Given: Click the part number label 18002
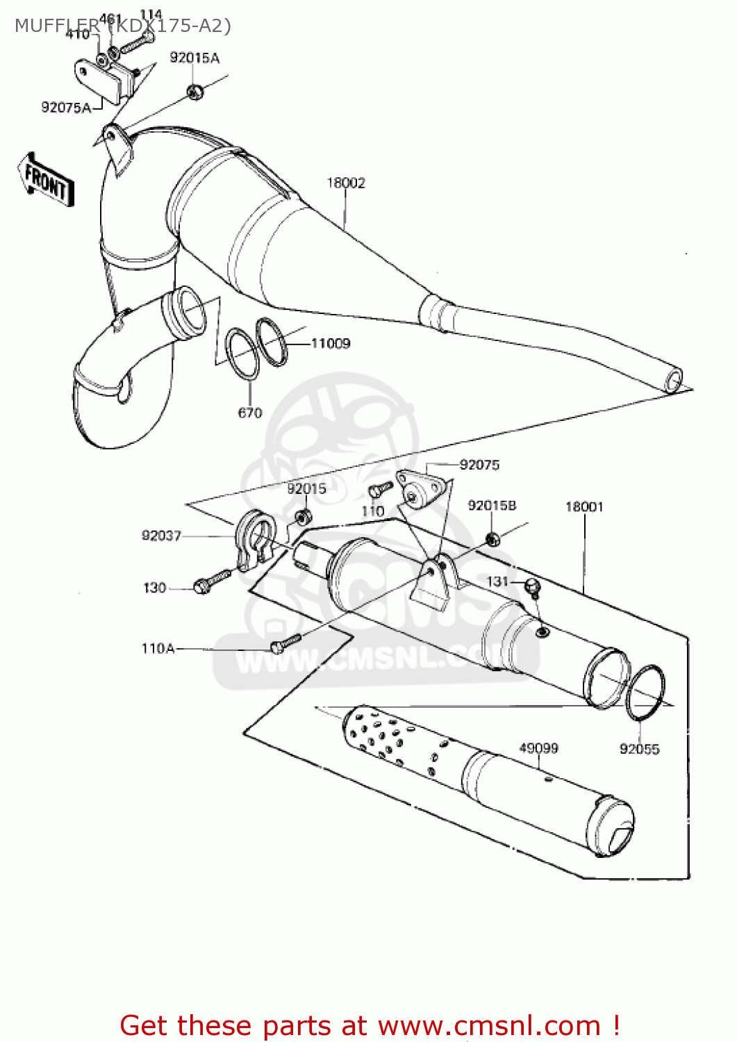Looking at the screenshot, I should [346, 183].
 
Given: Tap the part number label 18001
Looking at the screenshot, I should [584, 506].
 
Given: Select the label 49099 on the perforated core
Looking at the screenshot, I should [538, 748].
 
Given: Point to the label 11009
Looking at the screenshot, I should [331, 343].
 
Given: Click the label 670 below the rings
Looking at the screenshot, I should [250, 413].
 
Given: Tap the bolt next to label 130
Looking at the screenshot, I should [212, 581].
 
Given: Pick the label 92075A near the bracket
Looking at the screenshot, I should [66, 107].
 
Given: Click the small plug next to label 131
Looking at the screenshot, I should [533, 586].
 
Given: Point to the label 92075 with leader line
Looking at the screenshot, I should [479, 465].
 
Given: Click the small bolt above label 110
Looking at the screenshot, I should [380, 489].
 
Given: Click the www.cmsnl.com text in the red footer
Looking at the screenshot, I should [488, 1025].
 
